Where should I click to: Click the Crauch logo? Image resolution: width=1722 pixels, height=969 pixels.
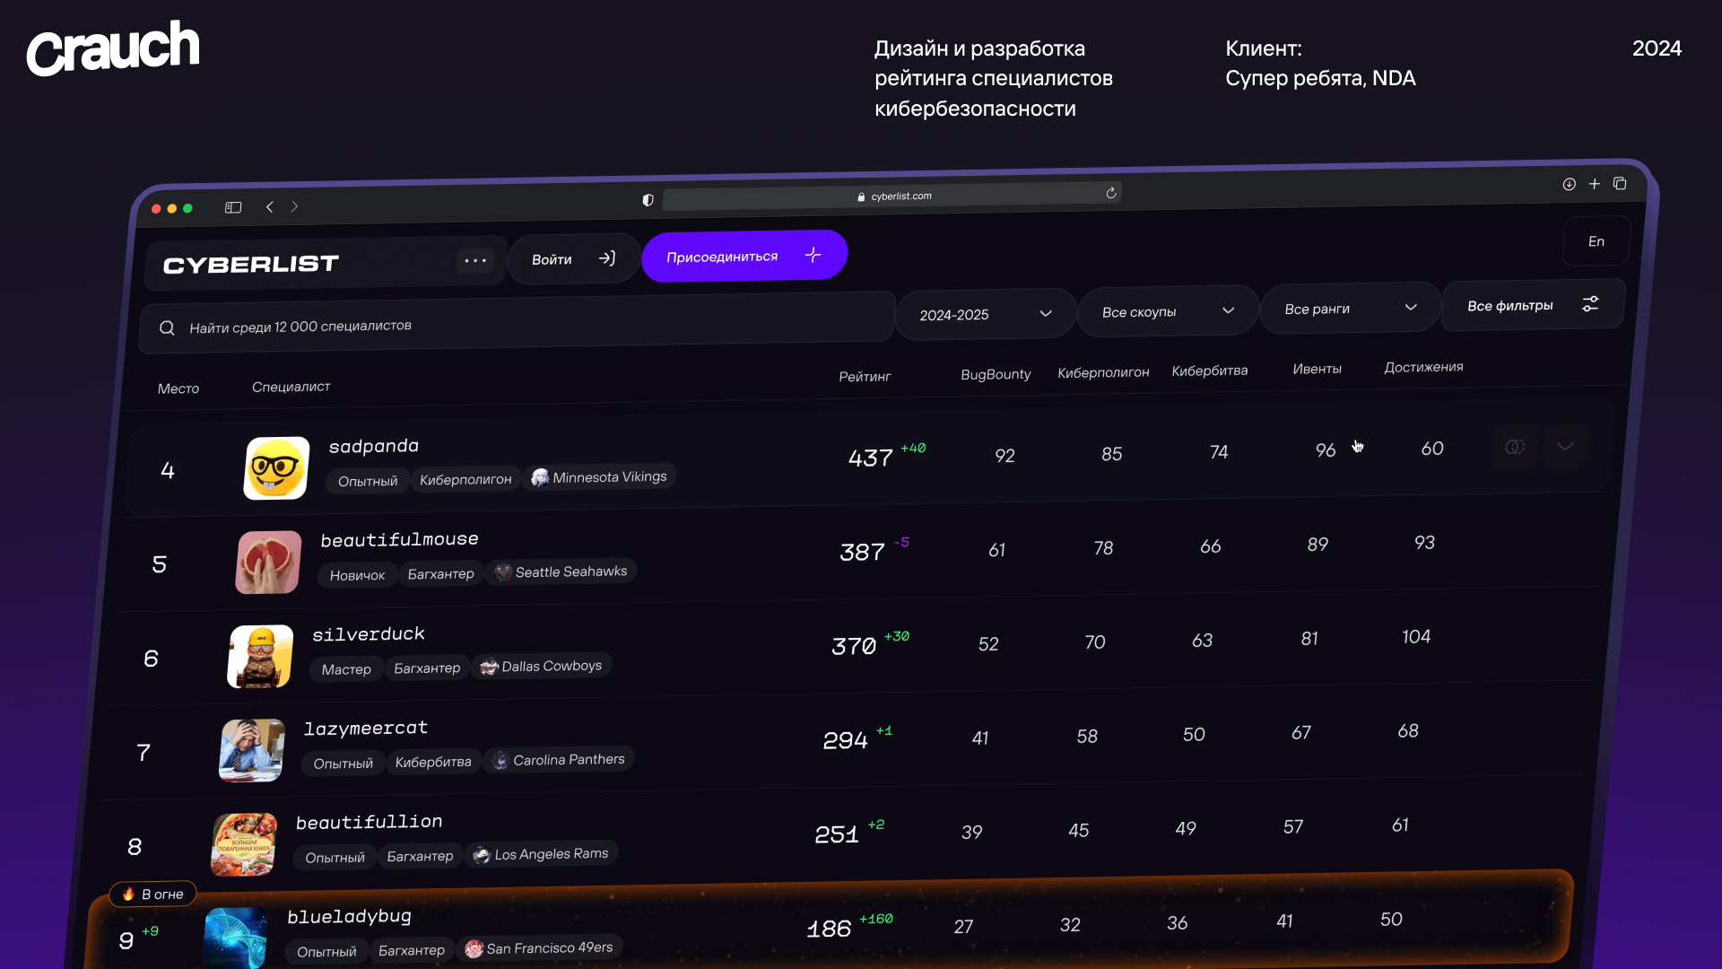click(113, 48)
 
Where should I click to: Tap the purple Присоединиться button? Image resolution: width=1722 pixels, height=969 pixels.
click(744, 257)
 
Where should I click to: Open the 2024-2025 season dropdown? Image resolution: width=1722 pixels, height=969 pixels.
click(985, 314)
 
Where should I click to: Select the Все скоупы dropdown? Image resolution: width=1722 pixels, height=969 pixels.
click(1168, 311)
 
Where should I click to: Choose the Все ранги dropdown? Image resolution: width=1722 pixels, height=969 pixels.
click(1350, 309)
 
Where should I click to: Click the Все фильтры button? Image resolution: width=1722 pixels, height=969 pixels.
click(1532, 305)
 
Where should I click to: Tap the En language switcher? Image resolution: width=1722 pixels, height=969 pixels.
click(1596, 241)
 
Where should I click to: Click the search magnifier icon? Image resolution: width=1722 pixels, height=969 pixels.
click(167, 328)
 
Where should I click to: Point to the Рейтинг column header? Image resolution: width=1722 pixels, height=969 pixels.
click(865, 377)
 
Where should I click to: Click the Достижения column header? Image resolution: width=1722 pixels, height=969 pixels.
click(1423, 367)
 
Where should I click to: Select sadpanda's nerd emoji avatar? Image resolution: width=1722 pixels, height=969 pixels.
click(276, 467)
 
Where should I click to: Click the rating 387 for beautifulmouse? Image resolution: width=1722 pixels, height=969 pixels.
click(862, 553)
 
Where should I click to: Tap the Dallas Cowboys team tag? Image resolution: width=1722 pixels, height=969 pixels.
click(542, 667)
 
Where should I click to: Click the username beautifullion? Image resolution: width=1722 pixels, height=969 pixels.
click(369, 822)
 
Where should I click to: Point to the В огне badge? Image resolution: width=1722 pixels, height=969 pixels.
click(152, 894)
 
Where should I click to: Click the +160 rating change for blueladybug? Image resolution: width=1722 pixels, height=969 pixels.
click(875, 919)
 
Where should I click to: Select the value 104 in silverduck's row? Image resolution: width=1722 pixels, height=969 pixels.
click(1416, 637)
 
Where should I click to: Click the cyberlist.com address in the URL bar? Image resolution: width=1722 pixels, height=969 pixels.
click(900, 196)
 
